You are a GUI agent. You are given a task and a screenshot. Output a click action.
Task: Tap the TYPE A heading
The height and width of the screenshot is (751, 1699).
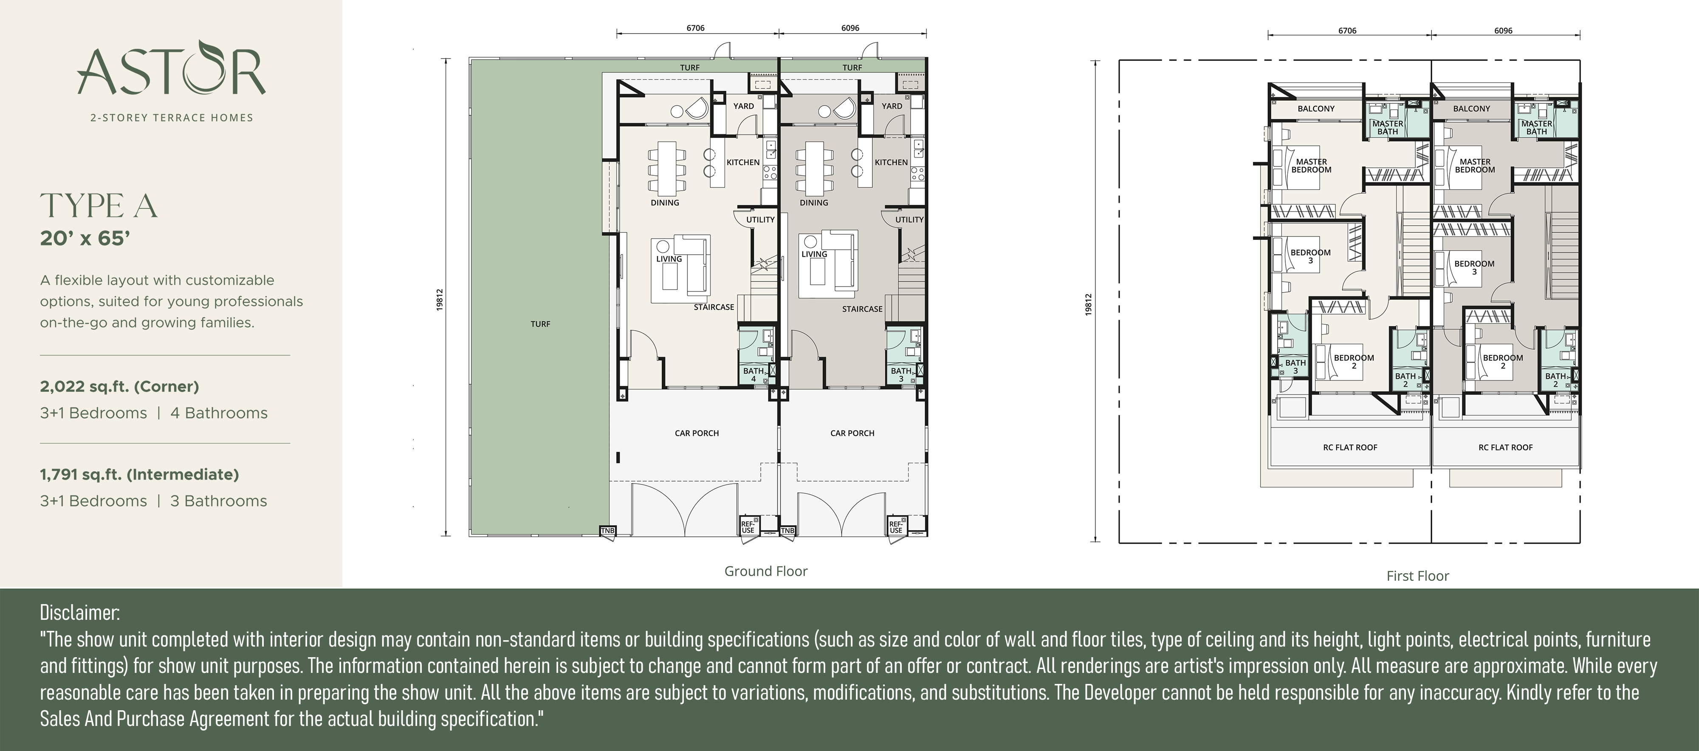[x=99, y=206]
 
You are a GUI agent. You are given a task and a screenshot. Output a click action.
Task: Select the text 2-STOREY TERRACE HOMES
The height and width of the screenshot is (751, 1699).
[x=172, y=117]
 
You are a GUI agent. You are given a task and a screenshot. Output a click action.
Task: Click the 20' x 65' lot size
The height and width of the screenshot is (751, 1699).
[x=85, y=238]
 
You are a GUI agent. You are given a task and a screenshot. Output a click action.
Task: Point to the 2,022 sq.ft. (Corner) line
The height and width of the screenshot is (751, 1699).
[x=119, y=386]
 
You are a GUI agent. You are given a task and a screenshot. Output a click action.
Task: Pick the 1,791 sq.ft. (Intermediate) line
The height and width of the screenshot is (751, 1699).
[x=139, y=474]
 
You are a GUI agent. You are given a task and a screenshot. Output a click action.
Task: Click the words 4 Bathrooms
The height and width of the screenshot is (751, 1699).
[x=219, y=413]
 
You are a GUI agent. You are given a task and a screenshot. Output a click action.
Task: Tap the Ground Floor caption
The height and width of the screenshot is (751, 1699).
[x=766, y=571]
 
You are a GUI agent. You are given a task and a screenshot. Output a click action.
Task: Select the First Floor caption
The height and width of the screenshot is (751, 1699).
[x=1417, y=576]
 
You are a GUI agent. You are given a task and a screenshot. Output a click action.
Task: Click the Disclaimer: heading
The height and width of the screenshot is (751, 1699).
[x=80, y=613]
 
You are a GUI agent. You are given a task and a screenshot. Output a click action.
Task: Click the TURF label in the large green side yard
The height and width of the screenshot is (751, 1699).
[x=540, y=324]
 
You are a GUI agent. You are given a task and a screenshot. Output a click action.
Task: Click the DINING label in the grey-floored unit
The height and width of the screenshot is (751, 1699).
[x=813, y=203]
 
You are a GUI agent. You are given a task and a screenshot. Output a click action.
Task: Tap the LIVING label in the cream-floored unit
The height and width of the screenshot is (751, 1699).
[x=669, y=259]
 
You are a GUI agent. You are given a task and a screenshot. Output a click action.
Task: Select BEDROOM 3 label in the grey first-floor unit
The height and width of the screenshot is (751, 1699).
[x=1474, y=267]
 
